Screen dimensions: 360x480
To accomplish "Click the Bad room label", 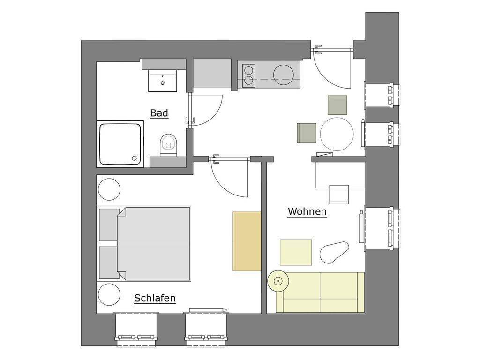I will (x=159, y=113).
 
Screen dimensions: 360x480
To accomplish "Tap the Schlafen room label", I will (x=155, y=298).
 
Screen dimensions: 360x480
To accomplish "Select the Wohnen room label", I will (x=307, y=211).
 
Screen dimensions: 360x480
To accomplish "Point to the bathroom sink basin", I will (x=163, y=81).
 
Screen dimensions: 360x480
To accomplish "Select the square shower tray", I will (x=120, y=143).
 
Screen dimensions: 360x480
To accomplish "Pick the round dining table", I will (x=337, y=134).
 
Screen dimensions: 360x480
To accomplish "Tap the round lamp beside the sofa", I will (x=277, y=282).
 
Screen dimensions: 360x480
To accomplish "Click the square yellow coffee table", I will (x=296, y=252).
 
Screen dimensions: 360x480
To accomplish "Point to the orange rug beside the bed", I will (x=247, y=241).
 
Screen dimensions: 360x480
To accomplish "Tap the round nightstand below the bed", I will (x=109, y=294).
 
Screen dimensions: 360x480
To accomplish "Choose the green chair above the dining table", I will (x=337, y=105).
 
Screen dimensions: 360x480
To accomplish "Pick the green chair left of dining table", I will (x=307, y=133).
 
